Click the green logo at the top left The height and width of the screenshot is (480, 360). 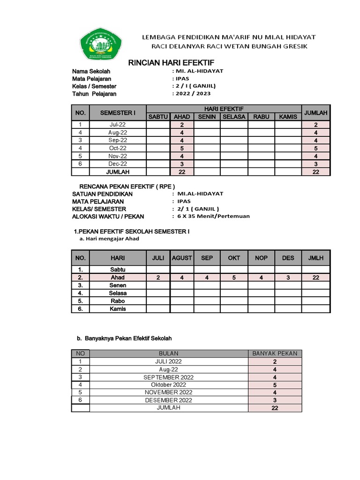[x=100, y=44]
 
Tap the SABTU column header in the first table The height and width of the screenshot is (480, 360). [x=158, y=117]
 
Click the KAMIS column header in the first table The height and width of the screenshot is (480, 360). [x=288, y=117]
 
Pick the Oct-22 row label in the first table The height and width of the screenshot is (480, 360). [x=118, y=148]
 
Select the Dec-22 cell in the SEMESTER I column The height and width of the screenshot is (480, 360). [x=118, y=164]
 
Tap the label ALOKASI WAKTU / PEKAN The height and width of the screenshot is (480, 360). [x=108, y=217]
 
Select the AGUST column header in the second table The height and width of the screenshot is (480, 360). [x=182, y=258]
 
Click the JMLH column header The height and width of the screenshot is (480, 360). [x=316, y=258]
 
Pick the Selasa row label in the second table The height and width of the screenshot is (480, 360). [x=118, y=293]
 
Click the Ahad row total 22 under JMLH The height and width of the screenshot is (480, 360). [x=316, y=277]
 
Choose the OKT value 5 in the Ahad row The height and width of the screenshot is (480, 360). [x=234, y=277]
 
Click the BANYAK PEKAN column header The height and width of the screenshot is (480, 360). [x=275, y=353]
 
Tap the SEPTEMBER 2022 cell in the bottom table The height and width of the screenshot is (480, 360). [x=168, y=377]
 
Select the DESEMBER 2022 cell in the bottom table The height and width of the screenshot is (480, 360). [x=168, y=400]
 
